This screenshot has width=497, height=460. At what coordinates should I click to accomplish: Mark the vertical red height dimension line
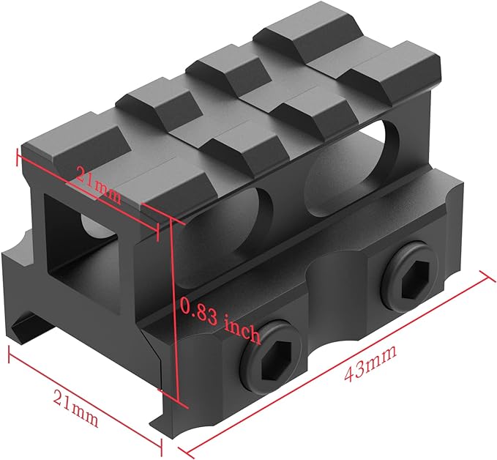(x=176, y=315)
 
